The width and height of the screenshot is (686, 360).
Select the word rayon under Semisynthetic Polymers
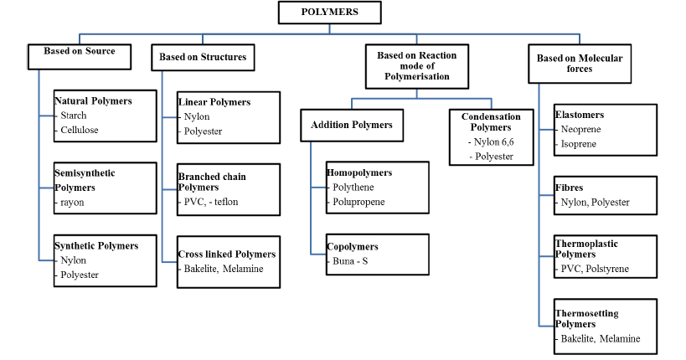pyautogui.click(x=72, y=202)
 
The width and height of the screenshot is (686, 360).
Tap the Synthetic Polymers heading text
pyautogui.click(x=95, y=245)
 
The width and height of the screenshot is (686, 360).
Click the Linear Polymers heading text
pyautogui.click(x=214, y=102)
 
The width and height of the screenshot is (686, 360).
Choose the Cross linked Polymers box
pyautogui.click(x=227, y=260)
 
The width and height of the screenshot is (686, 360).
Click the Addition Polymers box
pyautogui.click(x=351, y=125)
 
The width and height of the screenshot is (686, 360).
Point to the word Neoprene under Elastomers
pyautogui.click(x=581, y=130)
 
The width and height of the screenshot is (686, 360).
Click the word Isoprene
pyautogui.click(x=579, y=144)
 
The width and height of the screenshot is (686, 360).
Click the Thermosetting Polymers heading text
pyautogui.click(x=586, y=318)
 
